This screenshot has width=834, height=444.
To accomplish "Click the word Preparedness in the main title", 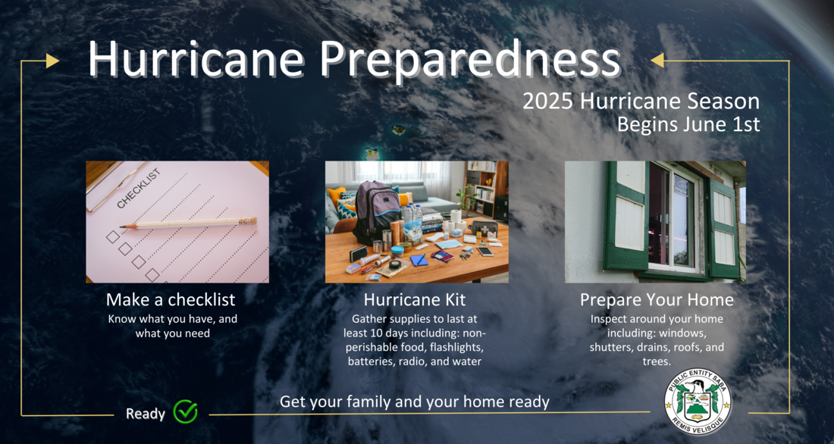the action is pos(470,60).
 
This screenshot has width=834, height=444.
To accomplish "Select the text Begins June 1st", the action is pos(688,124).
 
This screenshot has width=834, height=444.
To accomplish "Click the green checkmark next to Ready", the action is pos(185,411).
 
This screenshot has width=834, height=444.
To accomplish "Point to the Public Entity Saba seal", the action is pos(698,402).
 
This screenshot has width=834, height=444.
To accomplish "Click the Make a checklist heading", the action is pos(170,299).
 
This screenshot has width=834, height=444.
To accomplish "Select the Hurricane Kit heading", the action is pos(414,299).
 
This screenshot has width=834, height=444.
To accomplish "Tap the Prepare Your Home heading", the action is pos(657,299).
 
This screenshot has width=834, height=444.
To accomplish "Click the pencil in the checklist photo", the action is pos(188,223).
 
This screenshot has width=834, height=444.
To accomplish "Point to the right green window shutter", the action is pos(723,227).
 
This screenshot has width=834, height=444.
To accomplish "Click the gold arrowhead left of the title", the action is pos(52,61).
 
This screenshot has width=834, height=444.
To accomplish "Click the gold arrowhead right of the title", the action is pos(657,61).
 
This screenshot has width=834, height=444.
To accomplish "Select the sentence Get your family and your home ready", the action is pos(414,402).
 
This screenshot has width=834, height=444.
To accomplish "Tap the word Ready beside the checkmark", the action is pos(146,414).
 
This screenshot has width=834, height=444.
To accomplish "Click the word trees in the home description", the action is pos(656,361).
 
